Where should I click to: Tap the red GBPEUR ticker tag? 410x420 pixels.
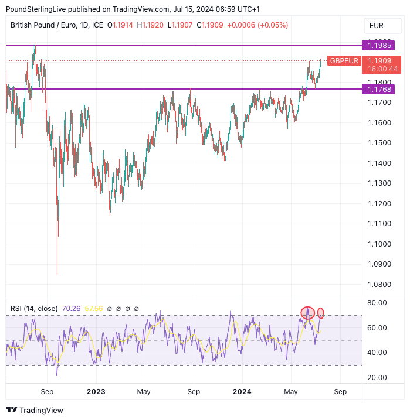pos(344,60)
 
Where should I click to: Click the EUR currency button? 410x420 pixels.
pos(376,26)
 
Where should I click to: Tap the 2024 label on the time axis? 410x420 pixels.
pos(242,392)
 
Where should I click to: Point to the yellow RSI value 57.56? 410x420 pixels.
pos(94,309)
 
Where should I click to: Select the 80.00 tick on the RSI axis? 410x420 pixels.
pos(377,303)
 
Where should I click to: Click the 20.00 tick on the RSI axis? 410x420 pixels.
pos(377,377)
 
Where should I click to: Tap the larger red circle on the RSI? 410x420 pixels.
pos(307,313)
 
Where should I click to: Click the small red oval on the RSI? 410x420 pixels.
pos(321,313)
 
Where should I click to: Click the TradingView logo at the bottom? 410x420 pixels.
pos(35,410)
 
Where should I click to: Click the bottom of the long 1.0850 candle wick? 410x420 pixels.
pos(57,274)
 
